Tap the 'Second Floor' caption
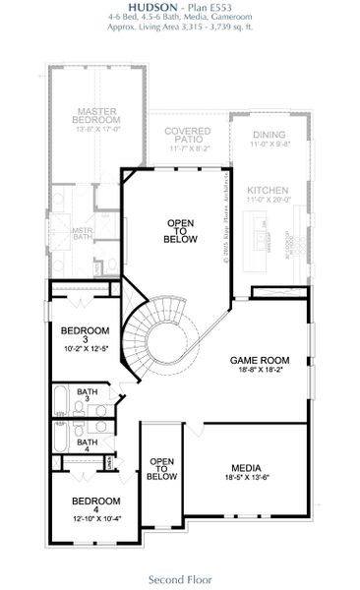click(180, 579)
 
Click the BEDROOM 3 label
click(84, 334)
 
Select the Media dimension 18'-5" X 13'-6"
click(246, 479)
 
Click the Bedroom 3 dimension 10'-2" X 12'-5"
click(84, 348)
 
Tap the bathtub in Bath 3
click(60, 401)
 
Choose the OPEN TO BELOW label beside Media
click(161, 468)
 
